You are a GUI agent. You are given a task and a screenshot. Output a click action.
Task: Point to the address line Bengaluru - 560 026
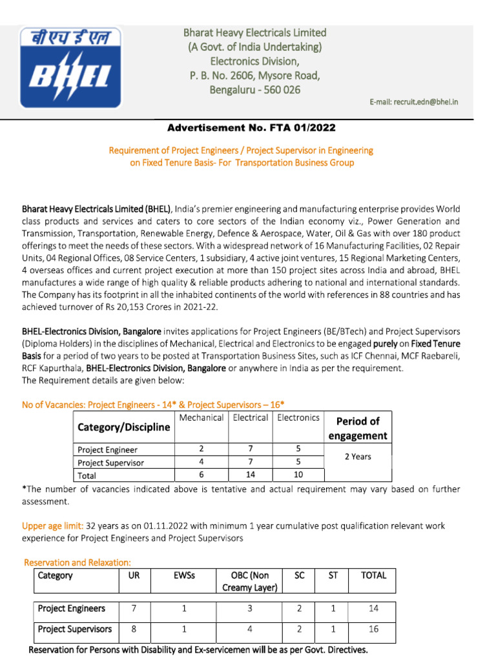tap(254, 90)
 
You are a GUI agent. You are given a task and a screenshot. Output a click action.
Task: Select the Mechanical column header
tap(201, 418)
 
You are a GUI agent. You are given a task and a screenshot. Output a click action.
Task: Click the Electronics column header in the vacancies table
tap(298, 418)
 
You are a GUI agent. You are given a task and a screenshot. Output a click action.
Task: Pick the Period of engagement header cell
tap(358, 428)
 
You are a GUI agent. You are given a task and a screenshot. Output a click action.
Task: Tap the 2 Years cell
tap(357, 456)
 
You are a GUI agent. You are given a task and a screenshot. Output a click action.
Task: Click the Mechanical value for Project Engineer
tap(201, 449)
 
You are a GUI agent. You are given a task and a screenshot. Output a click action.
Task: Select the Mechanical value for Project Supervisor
tap(201, 462)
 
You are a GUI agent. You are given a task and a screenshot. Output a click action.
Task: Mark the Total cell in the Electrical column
tap(250, 474)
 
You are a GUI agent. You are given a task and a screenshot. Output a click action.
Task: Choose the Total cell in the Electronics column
tap(298, 474)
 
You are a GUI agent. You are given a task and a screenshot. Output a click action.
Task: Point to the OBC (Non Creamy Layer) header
tap(249, 581)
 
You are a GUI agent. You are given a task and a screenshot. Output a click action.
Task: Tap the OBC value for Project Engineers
tap(249, 608)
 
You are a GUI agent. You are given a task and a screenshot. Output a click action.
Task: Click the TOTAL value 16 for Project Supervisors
tap(373, 629)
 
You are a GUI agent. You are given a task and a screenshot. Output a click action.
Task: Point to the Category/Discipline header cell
tap(124, 427)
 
